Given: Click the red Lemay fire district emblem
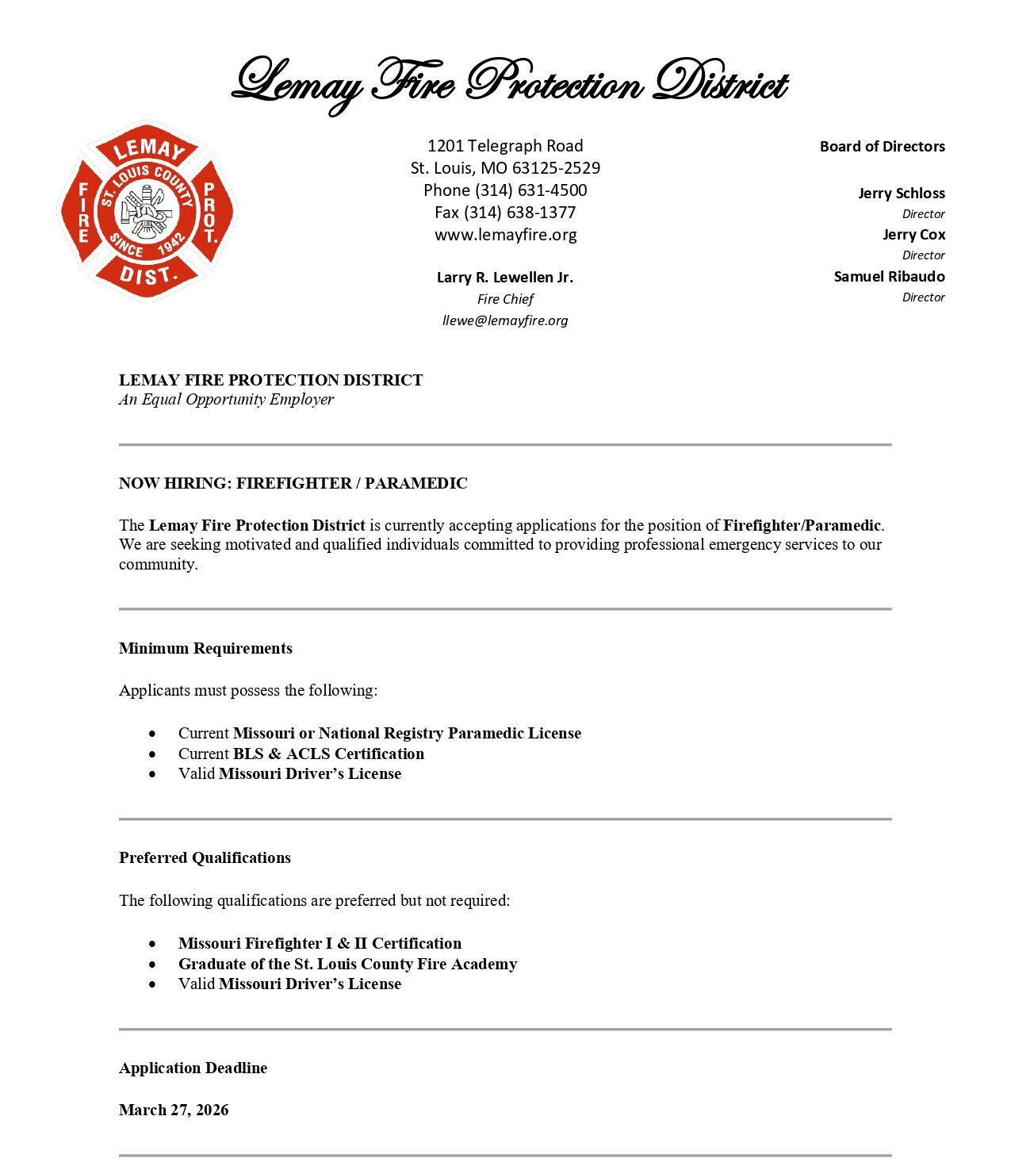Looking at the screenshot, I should [x=147, y=211].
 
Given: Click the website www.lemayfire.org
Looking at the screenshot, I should [x=505, y=235].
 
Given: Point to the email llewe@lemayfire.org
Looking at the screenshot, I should [x=505, y=320].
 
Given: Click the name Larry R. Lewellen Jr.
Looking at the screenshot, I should [x=505, y=278].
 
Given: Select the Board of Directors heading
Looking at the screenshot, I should [x=882, y=147].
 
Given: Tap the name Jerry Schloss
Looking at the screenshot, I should [x=901, y=194].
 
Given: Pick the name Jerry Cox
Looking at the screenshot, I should [x=913, y=235].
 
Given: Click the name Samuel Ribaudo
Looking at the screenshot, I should [x=889, y=277].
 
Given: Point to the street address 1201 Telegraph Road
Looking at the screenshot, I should [x=505, y=146].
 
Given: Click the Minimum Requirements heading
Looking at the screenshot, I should [x=205, y=649].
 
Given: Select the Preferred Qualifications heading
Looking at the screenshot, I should [x=205, y=858].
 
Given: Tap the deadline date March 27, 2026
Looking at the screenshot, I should [x=174, y=1110].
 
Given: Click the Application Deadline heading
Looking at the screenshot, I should [x=193, y=1068].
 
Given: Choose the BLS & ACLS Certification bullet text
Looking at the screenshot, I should [x=328, y=754].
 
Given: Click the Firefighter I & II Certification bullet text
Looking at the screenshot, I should [x=320, y=944].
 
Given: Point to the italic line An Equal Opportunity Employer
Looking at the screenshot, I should [x=226, y=400].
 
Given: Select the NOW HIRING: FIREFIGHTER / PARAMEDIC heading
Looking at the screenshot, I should [x=293, y=484].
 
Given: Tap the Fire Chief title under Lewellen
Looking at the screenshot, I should [x=505, y=300].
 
